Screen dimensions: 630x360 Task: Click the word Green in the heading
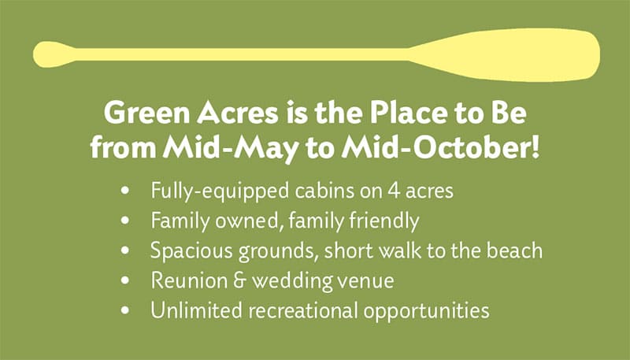(146, 113)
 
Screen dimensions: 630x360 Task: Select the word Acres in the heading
(238, 113)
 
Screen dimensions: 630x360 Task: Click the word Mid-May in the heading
(231, 149)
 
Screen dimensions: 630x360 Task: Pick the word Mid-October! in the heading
(440, 148)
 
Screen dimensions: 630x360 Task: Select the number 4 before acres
(394, 191)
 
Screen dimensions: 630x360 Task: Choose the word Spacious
(191, 251)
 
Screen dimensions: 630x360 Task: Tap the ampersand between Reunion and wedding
(239, 280)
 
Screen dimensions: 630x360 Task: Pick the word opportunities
(426, 311)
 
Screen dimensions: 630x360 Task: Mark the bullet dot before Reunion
(125, 280)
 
